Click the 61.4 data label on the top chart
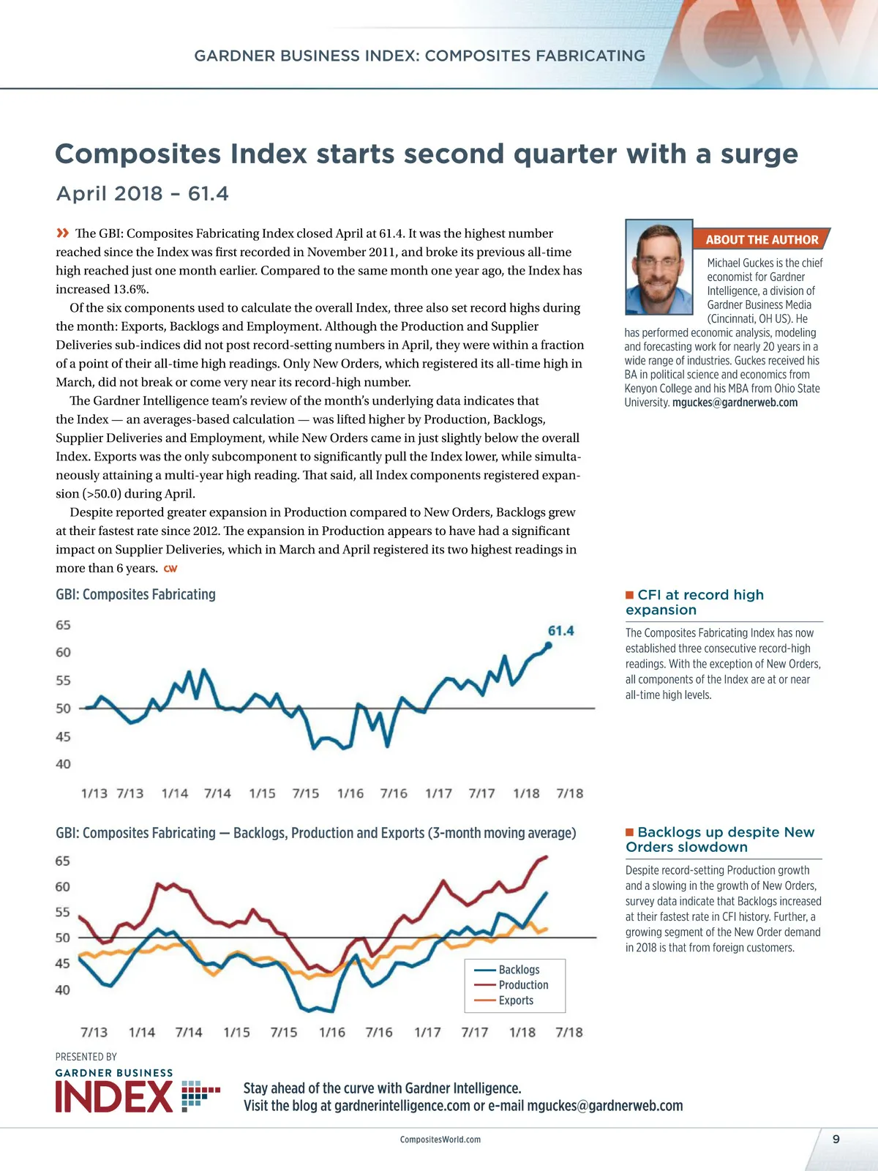coord(560,631)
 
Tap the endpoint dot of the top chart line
coord(549,646)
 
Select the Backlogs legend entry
coord(519,970)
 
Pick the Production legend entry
coord(523,985)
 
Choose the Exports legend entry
coord(516,1000)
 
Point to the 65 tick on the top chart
coord(64,625)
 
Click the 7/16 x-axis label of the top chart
coord(394,793)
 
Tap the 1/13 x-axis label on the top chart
coord(94,793)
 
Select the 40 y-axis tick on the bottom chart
coord(63,990)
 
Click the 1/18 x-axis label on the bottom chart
coord(522,1033)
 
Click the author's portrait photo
coord(658,267)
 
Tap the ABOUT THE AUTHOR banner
coord(762,239)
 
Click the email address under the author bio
coord(735,403)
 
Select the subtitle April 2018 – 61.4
coord(143,194)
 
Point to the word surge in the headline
coord(759,154)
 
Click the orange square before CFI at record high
coord(629,595)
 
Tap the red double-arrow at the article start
coord(63,233)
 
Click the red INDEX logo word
coord(114,1096)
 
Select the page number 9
coord(836,1139)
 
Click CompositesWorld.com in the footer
coord(440,1140)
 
